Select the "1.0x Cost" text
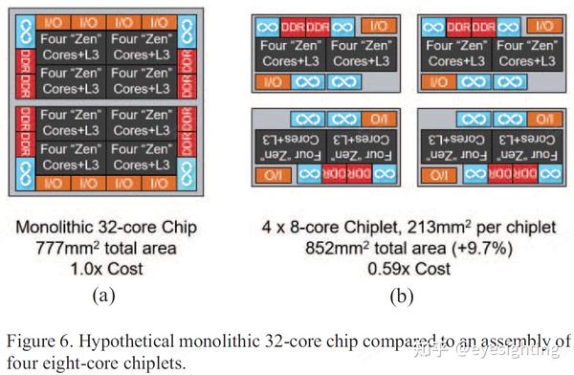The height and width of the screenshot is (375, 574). tap(112, 270)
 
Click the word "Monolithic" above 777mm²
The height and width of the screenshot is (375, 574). tap(59, 230)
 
